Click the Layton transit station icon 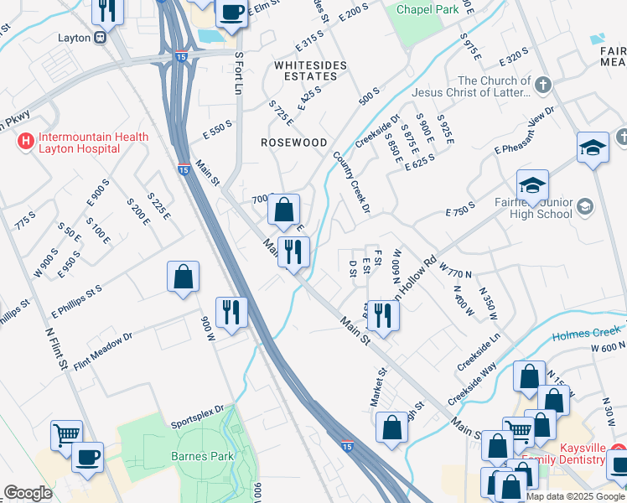coord(100,37)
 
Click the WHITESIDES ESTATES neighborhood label coord(307,70)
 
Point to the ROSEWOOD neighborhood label coord(293,143)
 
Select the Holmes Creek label coord(586,333)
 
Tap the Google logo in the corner coord(28,493)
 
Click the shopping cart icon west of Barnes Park coord(66,434)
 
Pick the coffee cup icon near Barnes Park coord(87,456)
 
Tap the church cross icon coord(542,85)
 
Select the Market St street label coord(379,386)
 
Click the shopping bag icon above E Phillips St coord(183,277)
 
